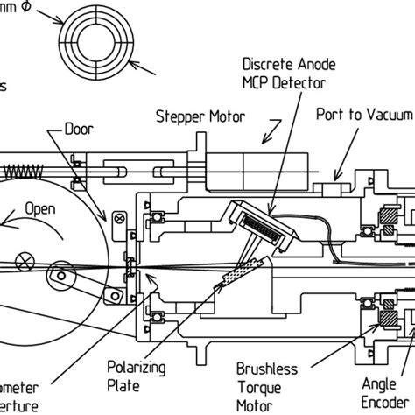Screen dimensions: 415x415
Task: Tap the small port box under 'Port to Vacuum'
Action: (x=332, y=190)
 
